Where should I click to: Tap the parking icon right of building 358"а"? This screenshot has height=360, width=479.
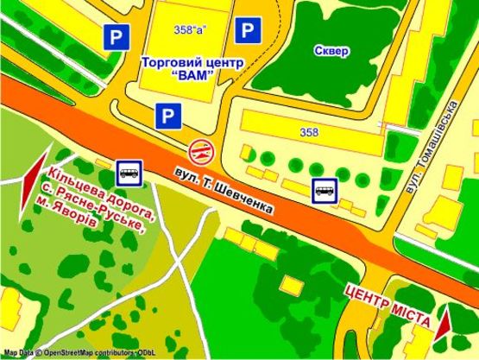249,31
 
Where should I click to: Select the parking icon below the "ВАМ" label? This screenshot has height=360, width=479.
166,113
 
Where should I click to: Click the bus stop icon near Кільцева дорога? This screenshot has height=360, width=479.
129,172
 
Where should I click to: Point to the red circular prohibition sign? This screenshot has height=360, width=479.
201,149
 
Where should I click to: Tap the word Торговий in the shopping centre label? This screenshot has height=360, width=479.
167,62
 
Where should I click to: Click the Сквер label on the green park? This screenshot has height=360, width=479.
332,51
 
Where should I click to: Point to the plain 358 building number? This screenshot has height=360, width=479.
307,132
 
